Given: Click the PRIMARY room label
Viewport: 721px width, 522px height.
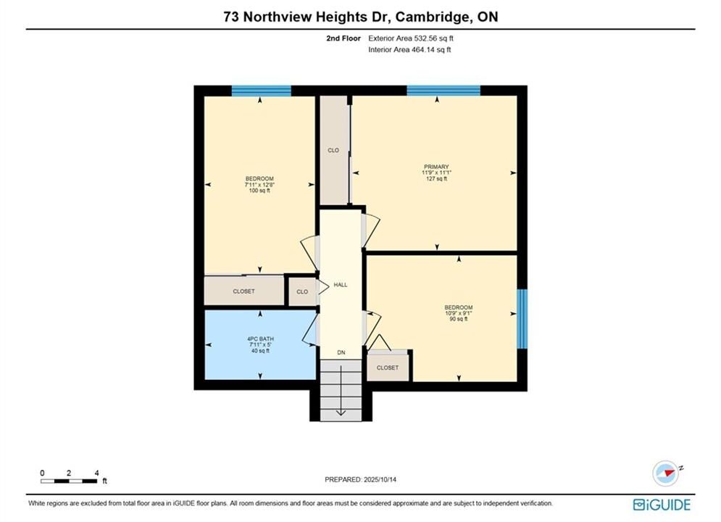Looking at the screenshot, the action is click(436, 167).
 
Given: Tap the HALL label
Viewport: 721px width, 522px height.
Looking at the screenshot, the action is click(341, 285).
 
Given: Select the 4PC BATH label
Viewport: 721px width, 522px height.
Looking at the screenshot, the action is click(260, 339).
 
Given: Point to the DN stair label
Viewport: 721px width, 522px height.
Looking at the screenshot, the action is click(341, 353).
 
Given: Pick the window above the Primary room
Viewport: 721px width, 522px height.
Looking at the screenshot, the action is click(443, 90).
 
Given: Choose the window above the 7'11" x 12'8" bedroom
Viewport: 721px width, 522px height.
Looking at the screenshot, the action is click(261, 91).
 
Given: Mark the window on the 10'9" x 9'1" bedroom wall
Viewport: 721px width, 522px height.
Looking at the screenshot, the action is click(522, 319).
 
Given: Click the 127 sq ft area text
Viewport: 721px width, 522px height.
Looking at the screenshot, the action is click(436, 178).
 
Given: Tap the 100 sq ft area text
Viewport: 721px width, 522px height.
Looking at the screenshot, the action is click(259, 191).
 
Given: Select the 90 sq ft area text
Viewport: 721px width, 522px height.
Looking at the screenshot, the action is click(459, 319).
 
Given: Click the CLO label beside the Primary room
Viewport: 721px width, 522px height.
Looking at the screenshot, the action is click(333, 150).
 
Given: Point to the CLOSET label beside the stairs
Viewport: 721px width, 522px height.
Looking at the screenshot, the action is click(388, 368).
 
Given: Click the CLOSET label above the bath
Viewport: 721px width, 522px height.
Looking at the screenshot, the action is click(243, 291).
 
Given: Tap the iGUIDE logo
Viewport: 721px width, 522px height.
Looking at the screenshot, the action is click(662, 505).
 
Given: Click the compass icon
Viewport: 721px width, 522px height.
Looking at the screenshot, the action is click(666, 473).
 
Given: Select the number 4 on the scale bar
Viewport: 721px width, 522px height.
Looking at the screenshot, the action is click(96, 473).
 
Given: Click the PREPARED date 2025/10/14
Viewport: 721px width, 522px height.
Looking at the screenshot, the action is click(380, 479).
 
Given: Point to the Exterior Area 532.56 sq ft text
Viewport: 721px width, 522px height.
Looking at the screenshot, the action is click(411, 38).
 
